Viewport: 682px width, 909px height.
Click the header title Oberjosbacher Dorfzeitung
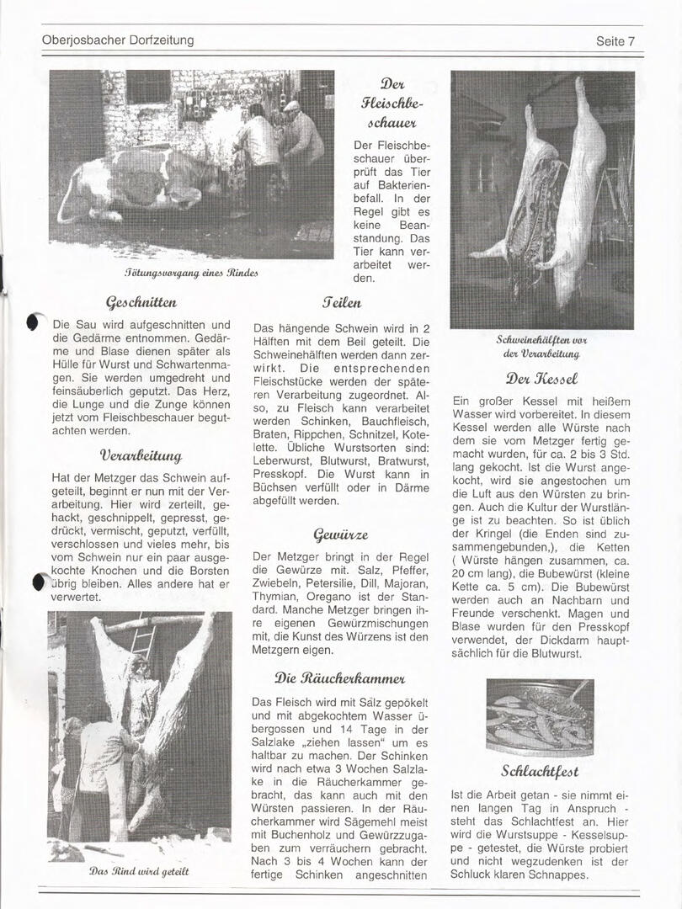(x=118, y=40)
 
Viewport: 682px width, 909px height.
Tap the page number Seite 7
(x=615, y=41)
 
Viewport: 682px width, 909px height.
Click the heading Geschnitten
(x=141, y=302)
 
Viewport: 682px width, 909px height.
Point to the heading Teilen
(x=342, y=302)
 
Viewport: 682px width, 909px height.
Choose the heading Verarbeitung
(x=141, y=456)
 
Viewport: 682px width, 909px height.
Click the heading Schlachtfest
(x=540, y=770)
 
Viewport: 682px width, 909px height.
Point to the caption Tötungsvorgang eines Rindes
(x=191, y=273)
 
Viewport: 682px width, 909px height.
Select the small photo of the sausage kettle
(x=540, y=716)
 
